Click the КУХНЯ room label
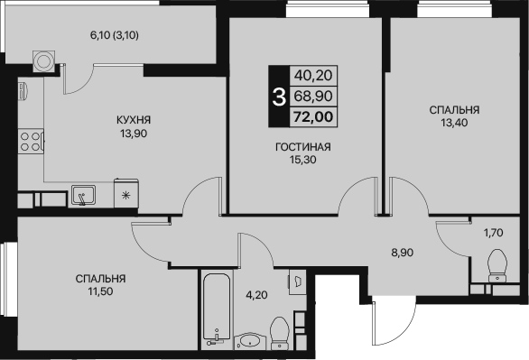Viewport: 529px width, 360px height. pyautogui.click(x=134, y=120)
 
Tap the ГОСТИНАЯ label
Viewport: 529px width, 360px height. pyautogui.click(x=303, y=147)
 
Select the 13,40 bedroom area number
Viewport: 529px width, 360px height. pyautogui.click(x=454, y=123)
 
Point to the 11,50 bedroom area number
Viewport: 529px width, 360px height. pyautogui.click(x=100, y=291)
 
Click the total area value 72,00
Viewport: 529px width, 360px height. pyautogui.click(x=313, y=116)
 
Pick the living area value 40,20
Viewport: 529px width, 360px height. pyautogui.click(x=313, y=75)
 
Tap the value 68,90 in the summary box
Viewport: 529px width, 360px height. pyautogui.click(x=313, y=96)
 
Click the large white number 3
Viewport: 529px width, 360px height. pyautogui.click(x=279, y=97)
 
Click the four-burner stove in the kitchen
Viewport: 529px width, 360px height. pyautogui.click(x=31, y=142)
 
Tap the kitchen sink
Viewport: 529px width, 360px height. pyautogui.click(x=83, y=196)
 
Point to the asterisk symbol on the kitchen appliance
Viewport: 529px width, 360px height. pyautogui.click(x=125, y=195)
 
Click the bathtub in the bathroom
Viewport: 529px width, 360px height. pyautogui.click(x=217, y=309)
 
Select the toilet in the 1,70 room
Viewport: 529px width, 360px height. pyautogui.click(x=497, y=265)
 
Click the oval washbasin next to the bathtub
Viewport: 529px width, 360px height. pyautogui.click(x=250, y=341)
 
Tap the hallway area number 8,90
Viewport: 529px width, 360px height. pyautogui.click(x=403, y=253)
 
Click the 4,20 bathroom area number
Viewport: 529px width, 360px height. pyautogui.click(x=256, y=295)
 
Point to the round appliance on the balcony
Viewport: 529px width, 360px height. pyautogui.click(x=43, y=61)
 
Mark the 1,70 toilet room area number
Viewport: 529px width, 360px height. pyautogui.click(x=494, y=233)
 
